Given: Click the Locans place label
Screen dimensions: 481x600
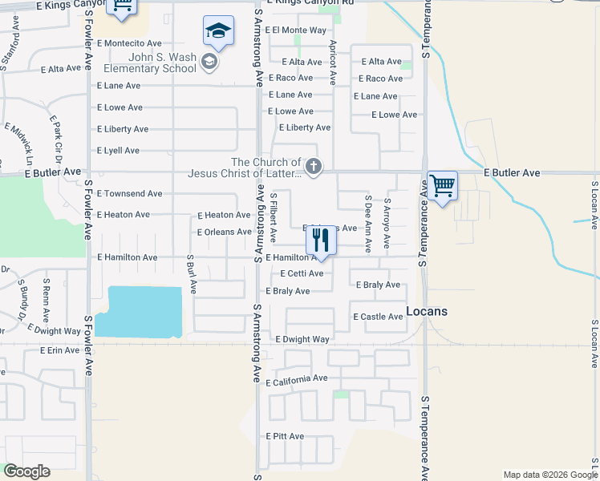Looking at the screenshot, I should tap(426, 311).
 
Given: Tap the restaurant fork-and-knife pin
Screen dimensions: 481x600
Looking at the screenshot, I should tap(321, 241).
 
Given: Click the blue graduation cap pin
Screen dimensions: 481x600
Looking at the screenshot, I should tap(218, 32).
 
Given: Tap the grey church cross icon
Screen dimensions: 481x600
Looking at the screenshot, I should tap(314, 168).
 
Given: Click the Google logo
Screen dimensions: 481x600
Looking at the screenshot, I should tap(26, 471).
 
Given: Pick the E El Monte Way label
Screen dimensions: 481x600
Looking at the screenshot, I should tap(299, 30).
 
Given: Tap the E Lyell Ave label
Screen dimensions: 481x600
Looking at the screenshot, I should tap(118, 151).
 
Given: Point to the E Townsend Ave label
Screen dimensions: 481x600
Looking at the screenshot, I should tap(129, 194).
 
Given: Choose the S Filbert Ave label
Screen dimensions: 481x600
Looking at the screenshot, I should tap(273, 218).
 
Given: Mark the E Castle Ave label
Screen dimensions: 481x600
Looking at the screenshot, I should tap(378, 317).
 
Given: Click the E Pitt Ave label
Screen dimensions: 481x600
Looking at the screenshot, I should tap(285, 436).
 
